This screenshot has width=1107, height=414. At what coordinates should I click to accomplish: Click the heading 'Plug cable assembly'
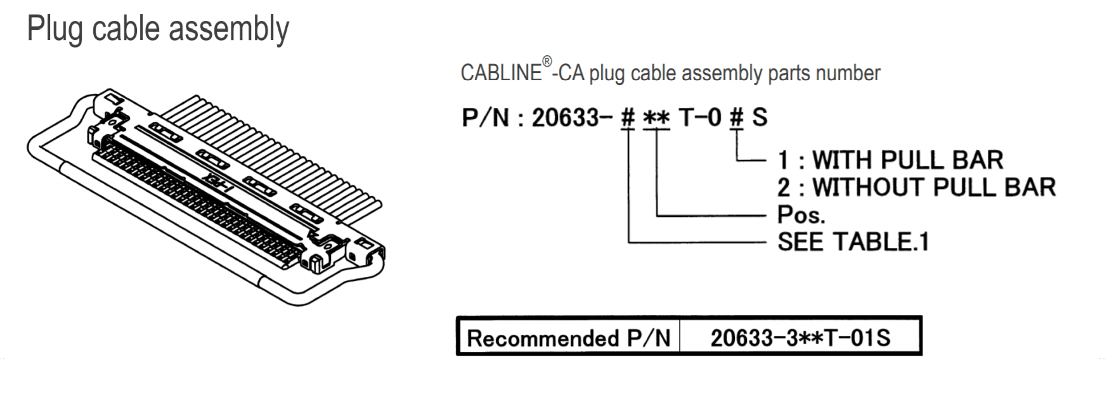158,30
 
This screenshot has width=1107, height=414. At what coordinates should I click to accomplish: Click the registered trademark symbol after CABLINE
547,61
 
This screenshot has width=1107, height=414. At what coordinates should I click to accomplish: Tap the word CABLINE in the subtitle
501,73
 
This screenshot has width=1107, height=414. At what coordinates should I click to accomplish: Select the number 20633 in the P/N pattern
565,117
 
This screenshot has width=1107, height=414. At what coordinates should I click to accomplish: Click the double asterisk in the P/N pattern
656,118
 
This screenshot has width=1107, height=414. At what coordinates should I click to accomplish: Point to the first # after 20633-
628,117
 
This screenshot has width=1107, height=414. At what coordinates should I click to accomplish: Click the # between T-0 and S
736,117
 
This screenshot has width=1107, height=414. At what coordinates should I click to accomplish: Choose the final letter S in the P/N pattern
760,117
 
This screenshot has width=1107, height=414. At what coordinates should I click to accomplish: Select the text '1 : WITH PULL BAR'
890,160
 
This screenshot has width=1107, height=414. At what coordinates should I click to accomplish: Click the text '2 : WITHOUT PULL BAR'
916,188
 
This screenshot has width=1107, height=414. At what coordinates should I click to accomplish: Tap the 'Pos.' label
801,215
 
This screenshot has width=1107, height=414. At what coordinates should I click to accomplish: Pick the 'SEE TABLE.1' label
853,242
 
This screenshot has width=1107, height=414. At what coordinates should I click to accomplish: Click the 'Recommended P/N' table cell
569,338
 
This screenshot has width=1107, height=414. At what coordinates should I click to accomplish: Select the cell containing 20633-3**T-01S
800,338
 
